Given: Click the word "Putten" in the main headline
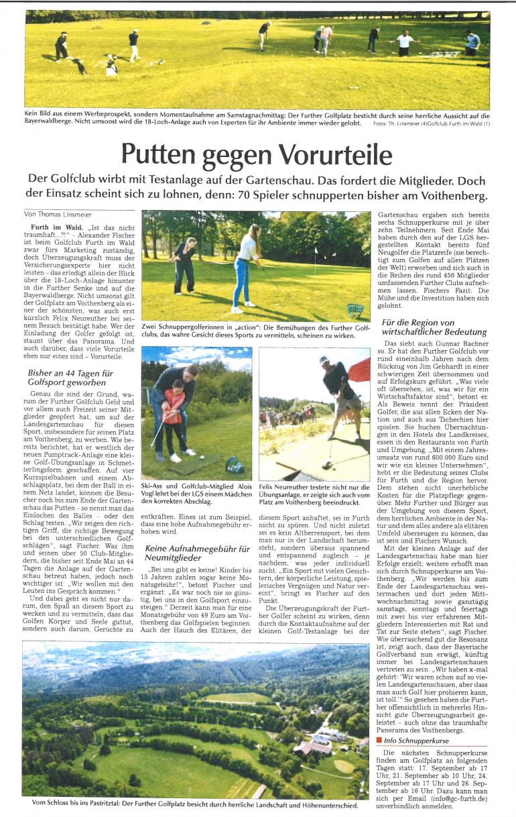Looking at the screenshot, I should (x=159, y=156).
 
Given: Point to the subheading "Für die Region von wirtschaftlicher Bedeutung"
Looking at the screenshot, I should (x=434, y=327).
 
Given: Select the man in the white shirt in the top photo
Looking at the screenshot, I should (x=405, y=43).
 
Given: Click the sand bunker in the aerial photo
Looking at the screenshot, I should (x=344, y=765).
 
